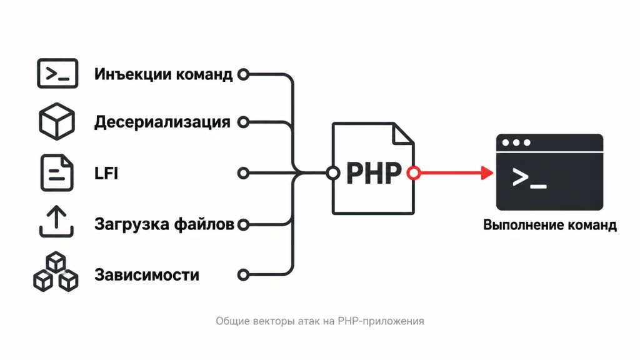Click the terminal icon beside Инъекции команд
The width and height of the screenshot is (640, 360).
[x=57, y=74]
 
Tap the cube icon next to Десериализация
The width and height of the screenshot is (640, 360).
[x=57, y=122]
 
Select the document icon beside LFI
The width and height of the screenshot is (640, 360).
[x=57, y=172]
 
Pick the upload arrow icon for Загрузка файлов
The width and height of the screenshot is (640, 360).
[x=56, y=221]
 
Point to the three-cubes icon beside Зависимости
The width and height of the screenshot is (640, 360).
[x=56, y=272]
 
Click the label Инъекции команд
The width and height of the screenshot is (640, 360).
[x=163, y=74]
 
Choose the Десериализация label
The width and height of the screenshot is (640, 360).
[x=162, y=122]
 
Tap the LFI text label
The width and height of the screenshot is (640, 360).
[x=106, y=173]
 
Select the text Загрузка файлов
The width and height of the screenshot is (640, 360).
[x=164, y=224]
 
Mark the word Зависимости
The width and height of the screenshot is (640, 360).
[x=146, y=275]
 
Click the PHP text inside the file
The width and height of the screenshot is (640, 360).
[x=374, y=174]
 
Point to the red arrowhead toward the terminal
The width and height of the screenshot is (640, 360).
[x=487, y=173]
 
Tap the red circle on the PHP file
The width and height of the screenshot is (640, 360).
[x=414, y=173]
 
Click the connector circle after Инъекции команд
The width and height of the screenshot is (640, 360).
[x=243, y=74]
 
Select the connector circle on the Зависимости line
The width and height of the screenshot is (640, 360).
[x=243, y=275]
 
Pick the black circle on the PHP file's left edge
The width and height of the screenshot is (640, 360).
[x=333, y=173]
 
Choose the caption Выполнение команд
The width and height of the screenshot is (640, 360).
[x=550, y=225]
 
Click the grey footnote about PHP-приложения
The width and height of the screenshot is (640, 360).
[x=320, y=321]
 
